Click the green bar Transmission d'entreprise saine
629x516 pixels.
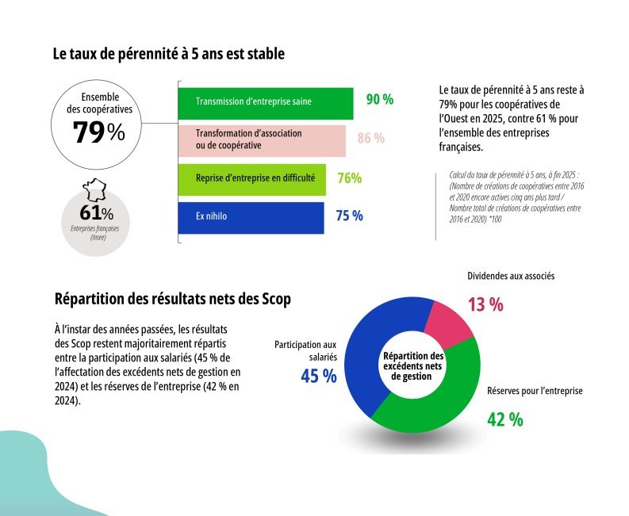(x=265, y=101)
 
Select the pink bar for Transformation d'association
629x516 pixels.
(x=261, y=140)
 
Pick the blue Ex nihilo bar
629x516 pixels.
(x=251, y=216)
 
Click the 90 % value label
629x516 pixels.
(x=379, y=100)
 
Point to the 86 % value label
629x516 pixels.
(x=370, y=139)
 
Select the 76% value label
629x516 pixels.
(x=349, y=178)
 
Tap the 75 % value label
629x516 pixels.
(x=349, y=216)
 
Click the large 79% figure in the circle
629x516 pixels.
(x=98, y=133)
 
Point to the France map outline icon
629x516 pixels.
(x=96, y=191)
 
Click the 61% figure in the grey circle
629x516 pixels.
(x=96, y=213)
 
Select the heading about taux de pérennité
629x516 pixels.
(x=168, y=55)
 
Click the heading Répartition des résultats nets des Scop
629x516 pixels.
(x=172, y=299)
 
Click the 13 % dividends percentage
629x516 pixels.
(x=484, y=304)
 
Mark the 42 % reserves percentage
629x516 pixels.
(x=504, y=419)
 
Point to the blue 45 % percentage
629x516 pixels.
(x=318, y=376)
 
